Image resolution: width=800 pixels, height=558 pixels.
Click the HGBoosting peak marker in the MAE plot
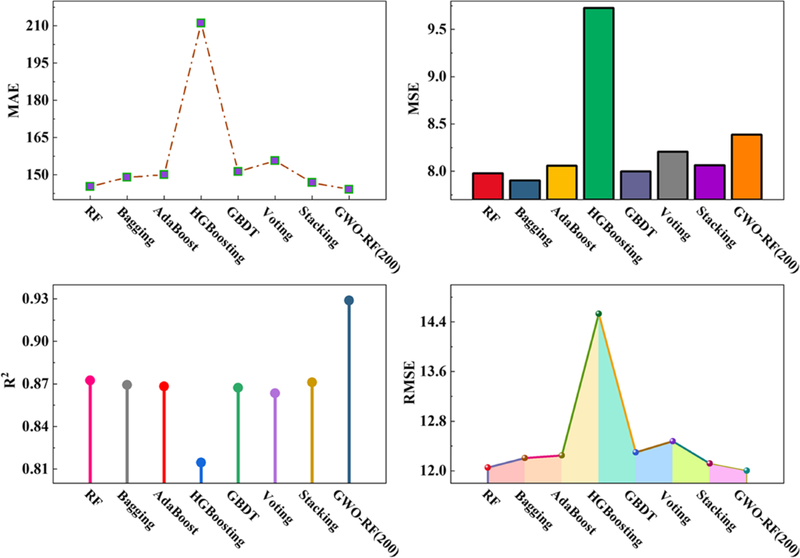201,23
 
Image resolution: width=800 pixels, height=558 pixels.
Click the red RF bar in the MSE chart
487,186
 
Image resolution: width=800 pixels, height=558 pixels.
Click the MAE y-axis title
14,100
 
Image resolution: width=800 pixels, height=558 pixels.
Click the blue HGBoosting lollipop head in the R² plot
201,462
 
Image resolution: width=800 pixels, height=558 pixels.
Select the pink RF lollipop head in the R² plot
90,380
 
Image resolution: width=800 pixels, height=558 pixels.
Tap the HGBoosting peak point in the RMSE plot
599,313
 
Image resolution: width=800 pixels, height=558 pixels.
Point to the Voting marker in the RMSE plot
673,441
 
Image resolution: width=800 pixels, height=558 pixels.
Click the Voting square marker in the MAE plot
275,160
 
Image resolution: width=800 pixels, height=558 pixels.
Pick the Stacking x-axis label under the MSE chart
716,228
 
